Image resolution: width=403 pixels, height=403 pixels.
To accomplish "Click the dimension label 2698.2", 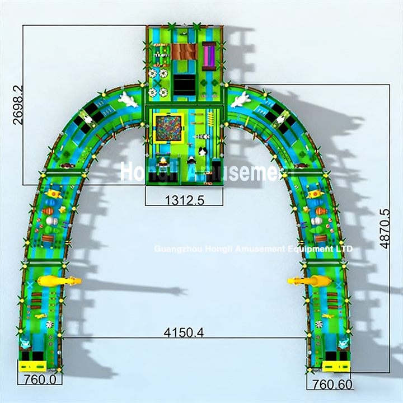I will click(18, 105).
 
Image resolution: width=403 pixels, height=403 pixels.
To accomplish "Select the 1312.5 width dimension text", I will click(184, 198).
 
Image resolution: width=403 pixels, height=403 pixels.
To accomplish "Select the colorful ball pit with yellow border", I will click(168, 128).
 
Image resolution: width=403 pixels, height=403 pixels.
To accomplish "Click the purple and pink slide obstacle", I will click(209, 56).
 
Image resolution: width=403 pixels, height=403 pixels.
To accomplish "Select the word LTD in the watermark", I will click(344, 248).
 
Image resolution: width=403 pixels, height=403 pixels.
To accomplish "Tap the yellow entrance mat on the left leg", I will click(32, 366).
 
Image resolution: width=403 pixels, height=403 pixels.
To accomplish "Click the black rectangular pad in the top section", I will click(184, 85).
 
